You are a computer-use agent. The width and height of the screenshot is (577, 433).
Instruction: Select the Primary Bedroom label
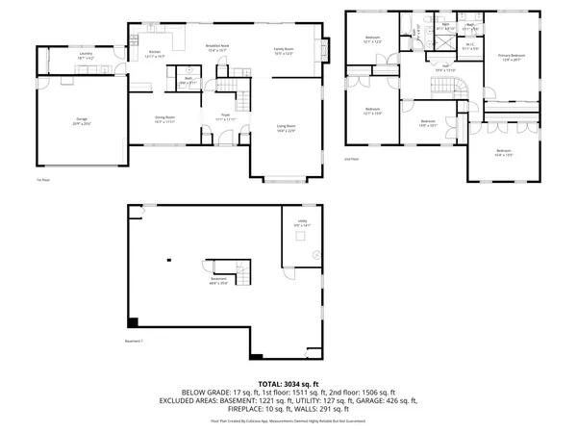click(x=512, y=57)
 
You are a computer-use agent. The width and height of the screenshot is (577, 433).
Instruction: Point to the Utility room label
click(x=301, y=221)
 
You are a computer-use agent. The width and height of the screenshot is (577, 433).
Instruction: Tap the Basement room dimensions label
click(x=220, y=284)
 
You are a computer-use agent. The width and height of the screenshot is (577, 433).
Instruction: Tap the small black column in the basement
click(x=167, y=260)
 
